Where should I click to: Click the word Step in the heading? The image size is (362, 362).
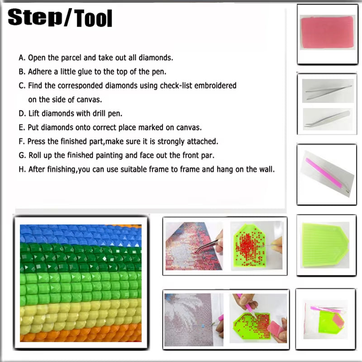(35, 18)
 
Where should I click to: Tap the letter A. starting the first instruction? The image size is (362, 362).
(22, 57)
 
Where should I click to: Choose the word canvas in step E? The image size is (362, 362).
(189, 128)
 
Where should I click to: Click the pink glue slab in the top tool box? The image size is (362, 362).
(327, 32)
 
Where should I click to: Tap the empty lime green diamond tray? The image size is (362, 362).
(325, 245)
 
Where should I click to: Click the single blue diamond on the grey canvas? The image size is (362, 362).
(203, 326)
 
